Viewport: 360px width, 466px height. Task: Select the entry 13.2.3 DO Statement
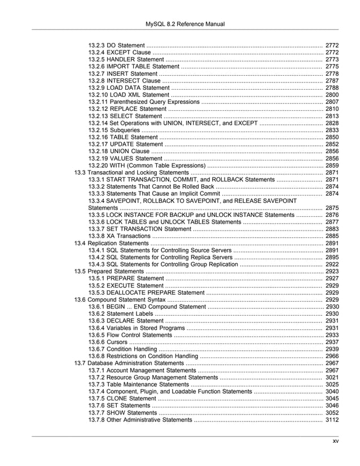point(116,45)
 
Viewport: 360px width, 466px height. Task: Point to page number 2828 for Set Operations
point(332,123)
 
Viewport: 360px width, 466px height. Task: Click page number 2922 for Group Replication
point(332,264)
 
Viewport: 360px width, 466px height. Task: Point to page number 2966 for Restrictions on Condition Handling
point(332,356)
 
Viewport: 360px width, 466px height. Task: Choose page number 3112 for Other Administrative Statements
point(332,420)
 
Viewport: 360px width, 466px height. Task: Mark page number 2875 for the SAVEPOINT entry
point(332,208)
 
